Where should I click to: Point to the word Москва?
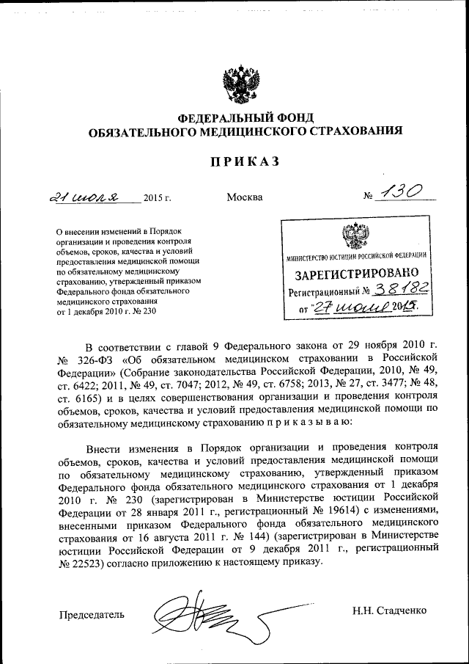[245, 198]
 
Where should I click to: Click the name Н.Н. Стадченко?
[389, 610]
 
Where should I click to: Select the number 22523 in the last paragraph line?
[81, 562]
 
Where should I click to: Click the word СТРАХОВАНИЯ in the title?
[359, 131]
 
